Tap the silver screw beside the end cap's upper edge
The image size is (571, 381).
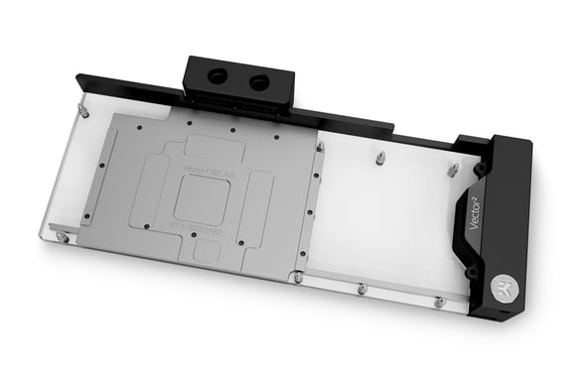tap(453, 171)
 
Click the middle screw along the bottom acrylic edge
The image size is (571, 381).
tap(361, 289)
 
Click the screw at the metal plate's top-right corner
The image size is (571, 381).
tap(320, 147)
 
